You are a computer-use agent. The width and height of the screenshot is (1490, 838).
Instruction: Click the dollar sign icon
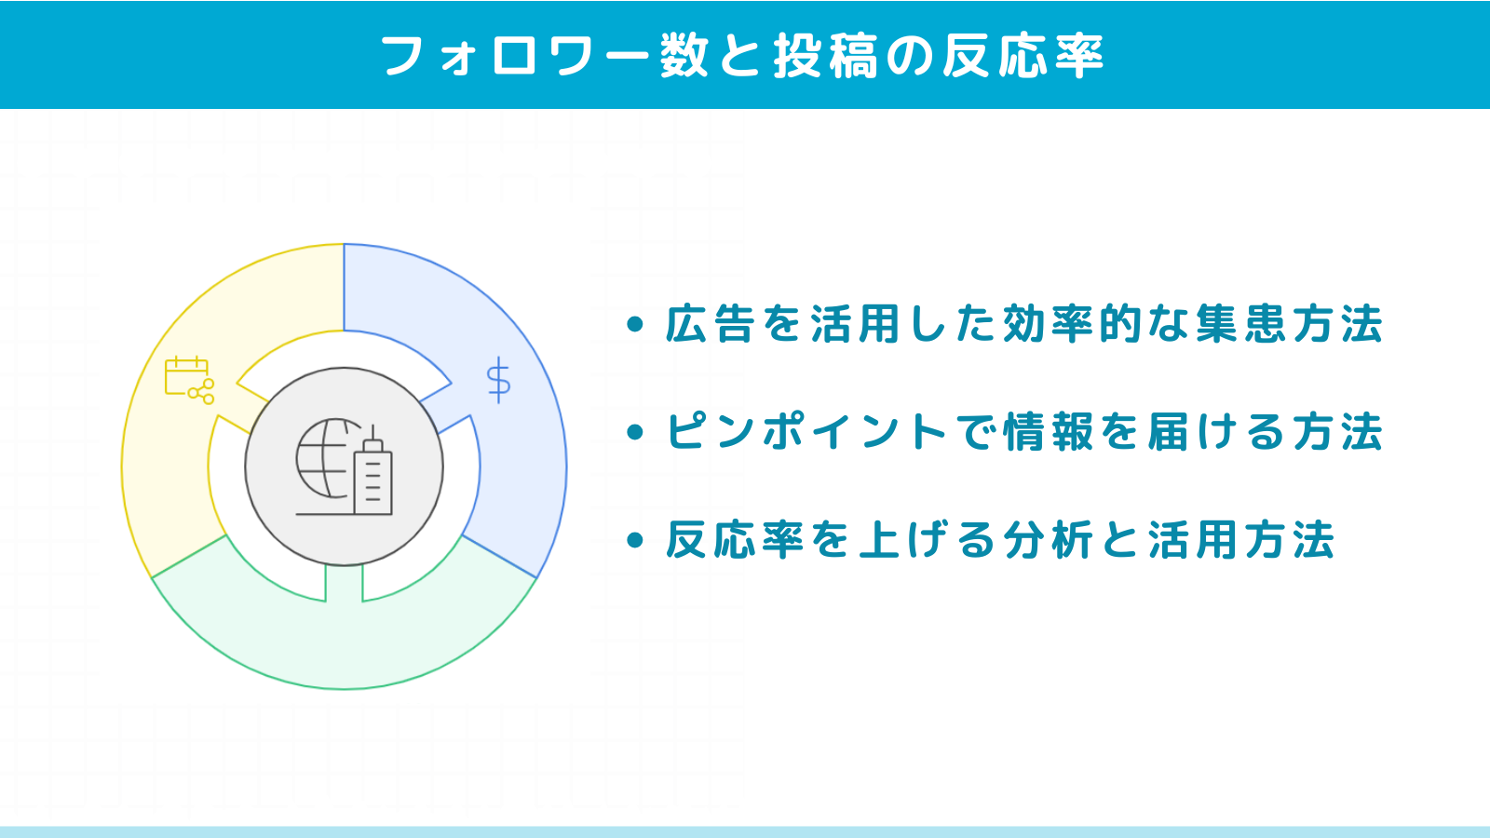tap(499, 380)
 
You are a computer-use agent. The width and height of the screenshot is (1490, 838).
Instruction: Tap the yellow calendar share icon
tap(190, 381)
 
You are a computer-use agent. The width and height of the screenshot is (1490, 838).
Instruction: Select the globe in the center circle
tap(323, 458)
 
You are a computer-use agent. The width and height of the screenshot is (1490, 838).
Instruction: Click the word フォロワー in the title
tap(514, 56)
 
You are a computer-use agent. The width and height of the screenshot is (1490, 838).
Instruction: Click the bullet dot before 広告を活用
tap(635, 325)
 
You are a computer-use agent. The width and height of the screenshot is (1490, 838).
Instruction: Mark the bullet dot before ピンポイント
tap(635, 432)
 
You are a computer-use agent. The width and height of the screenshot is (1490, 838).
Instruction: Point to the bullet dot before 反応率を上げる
tap(635, 539)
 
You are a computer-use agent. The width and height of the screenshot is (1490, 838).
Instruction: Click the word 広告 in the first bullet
tap(711, 324)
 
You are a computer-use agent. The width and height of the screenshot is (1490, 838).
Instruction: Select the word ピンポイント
tap(806, 432)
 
